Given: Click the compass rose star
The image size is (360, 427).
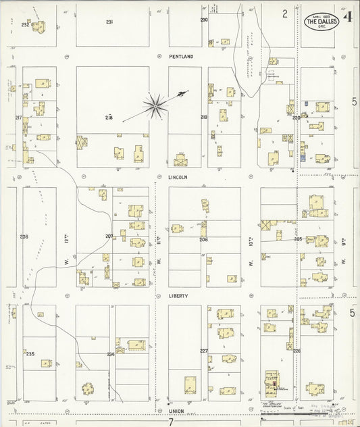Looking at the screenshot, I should [x=155, y=104].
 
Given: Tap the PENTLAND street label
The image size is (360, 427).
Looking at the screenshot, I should [x=181, y=58].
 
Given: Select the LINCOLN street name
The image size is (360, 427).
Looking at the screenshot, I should [x=178, y=177].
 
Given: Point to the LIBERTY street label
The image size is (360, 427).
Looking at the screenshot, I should [x=178, y=296].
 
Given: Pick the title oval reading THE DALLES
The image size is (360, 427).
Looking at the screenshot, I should [x=322, y=22].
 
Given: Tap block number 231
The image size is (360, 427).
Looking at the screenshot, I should [x=109, y=22].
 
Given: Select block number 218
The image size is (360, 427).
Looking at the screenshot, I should [x=108, y=118].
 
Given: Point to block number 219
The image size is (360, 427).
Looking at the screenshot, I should [x=204, y=118].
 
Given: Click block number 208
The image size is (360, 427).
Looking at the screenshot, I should [x=24, y=236].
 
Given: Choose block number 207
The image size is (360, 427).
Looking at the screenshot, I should [x=109, y=236].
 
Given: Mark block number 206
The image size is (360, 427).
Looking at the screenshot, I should [x=204, y=239].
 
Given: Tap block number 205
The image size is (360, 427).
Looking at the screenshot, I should [x=298, y=238].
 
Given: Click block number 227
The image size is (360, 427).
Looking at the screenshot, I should [x=204, y=351].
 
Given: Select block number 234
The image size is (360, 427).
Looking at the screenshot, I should [x=110, y=354].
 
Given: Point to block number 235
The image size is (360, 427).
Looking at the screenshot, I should [x=30, y=354].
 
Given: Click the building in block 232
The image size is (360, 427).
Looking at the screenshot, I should [x=38, y=26].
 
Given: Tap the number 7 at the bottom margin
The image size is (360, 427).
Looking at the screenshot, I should [x=172, y=422].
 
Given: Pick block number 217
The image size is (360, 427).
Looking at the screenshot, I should [x=18, y=118].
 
